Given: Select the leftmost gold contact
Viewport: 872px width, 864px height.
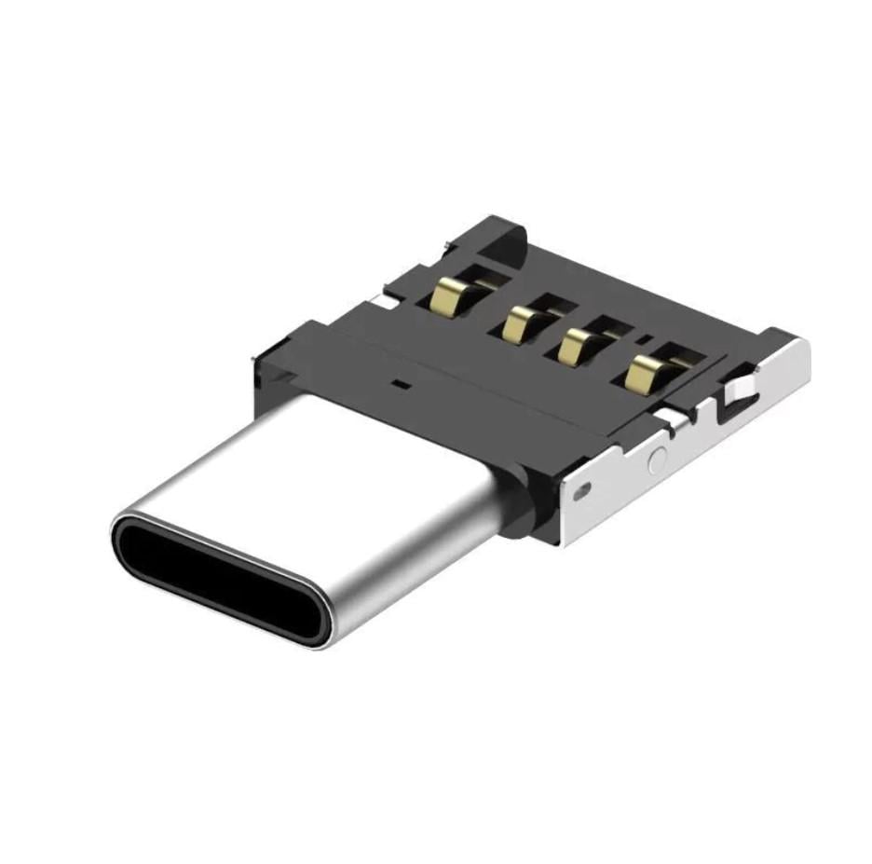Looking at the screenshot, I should coord(450,296).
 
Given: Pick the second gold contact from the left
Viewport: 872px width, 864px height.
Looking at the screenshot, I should coord(517,324).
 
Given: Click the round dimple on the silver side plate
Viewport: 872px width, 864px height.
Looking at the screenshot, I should coord(658,458).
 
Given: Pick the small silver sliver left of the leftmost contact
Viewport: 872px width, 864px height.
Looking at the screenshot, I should coord(384,301).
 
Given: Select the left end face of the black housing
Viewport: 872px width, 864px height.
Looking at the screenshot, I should coord(270,373).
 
